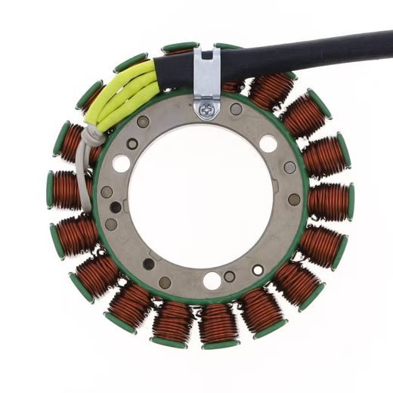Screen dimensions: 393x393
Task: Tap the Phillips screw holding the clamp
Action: pyautogui.click(x=207, y=110)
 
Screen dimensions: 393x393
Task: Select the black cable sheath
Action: pyautogui.click(x=302, y=53)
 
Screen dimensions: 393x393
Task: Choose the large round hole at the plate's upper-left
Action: pyautogui.click(x=121, y=162)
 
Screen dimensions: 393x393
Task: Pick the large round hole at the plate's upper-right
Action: pyautogui.click(x=268, y=144)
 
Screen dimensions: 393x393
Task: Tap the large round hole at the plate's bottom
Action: pyautogui.click(x=212, y=280)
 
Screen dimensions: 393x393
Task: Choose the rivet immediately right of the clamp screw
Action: pyautogui.click(x=236, y=110)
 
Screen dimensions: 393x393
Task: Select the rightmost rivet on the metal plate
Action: pyautogui.click(x=294, y=200)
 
